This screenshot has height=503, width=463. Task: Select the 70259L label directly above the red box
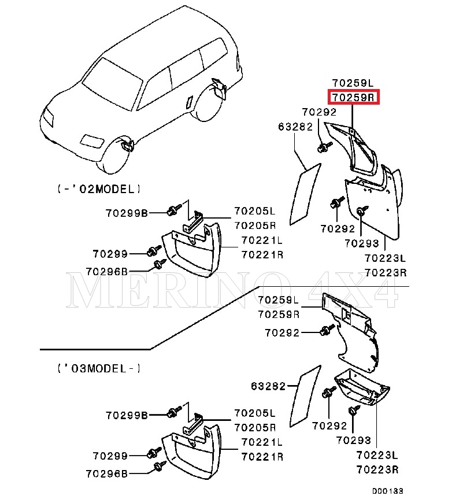(353, 83)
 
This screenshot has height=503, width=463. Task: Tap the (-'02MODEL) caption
(99, 189)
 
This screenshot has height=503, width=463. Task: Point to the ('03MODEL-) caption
(99, 368)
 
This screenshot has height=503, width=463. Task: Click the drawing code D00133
(387, 491)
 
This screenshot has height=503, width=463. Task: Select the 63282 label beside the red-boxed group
(295, 127)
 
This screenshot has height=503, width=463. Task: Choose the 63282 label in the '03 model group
(269, 386)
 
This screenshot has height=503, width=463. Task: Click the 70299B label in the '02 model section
(127, 213)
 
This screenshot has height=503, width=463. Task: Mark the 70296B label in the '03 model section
(106, 474)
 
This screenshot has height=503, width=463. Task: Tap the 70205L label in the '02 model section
(255, 211)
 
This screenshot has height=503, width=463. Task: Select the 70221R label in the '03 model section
(262, 457)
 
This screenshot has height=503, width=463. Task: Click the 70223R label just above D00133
(378, 469)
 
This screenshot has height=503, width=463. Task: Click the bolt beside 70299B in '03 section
(172, 413)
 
